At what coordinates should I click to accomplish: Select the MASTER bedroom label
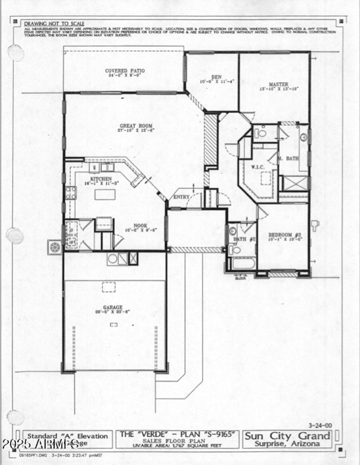tap(279, 85)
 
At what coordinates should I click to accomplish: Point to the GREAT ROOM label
tap(136, 126)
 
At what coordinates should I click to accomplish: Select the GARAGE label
tap(113, 307)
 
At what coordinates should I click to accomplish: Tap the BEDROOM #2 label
tap(284, 235)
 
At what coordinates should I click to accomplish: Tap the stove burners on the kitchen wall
tap(71, 192)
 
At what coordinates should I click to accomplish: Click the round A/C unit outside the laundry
tap(55, 247)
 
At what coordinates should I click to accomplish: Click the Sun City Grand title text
tap(287, 435)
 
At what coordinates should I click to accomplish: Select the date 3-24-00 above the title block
tap(319, 425)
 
